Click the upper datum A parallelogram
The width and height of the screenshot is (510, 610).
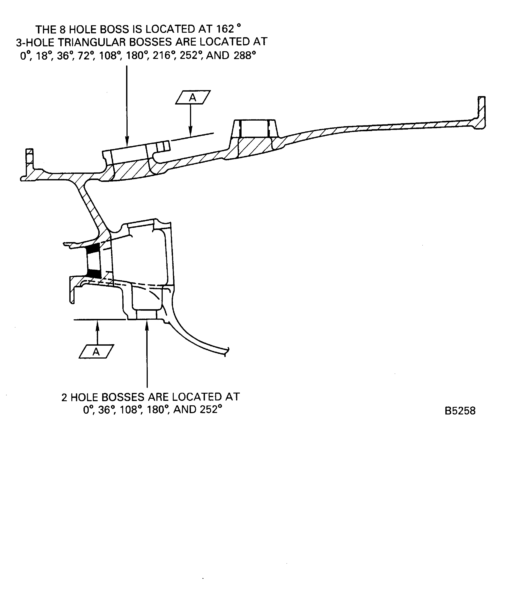(193, 97)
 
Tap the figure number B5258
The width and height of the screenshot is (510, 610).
(460, 411)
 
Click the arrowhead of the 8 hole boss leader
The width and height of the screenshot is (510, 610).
(127, 142)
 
